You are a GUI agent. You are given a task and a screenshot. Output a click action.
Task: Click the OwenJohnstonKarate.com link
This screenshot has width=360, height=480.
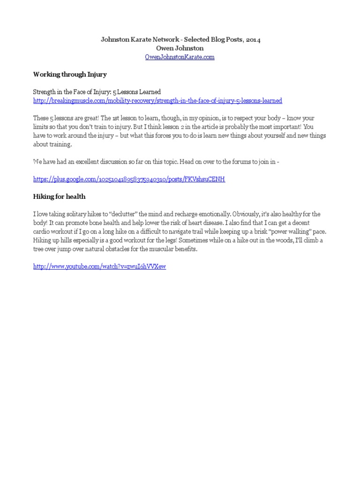click(180, 57)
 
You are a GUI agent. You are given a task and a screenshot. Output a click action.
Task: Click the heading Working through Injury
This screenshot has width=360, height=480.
click(70, 74)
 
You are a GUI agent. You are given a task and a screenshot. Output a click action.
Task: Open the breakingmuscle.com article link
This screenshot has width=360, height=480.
click(157, 101)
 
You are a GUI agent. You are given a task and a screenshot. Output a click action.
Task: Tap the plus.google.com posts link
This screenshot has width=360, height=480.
click(129, 180)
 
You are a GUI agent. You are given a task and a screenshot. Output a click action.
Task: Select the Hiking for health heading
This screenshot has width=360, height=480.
click(59, 196)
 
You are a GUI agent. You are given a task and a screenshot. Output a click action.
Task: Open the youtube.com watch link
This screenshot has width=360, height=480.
click(99, 267)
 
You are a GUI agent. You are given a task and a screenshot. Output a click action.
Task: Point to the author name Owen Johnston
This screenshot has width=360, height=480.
click(180, 48)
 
